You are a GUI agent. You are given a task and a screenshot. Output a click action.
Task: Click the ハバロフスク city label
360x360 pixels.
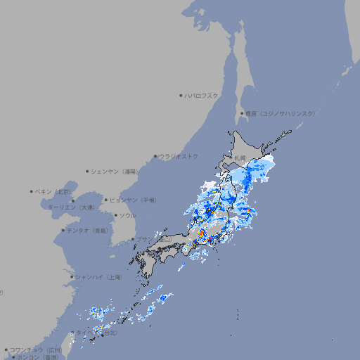point(202,96)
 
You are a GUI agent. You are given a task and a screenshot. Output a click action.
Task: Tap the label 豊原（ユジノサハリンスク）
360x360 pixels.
point(279,113)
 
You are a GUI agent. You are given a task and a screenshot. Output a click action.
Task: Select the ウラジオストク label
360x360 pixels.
point(179,156)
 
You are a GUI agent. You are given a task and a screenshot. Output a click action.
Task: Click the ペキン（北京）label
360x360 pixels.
point(54,191)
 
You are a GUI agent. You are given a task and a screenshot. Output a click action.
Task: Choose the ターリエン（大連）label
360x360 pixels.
point(71,207)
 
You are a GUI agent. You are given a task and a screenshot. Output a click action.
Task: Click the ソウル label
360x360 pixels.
point(127,215)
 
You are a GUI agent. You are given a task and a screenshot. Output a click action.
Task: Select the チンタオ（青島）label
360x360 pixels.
point(87,230)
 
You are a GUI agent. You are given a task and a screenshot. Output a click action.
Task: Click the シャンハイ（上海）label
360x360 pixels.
point(98,277)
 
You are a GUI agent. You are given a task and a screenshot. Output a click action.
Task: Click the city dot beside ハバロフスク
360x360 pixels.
point(181,96)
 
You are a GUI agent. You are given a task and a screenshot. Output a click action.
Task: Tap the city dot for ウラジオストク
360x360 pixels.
point(155,156)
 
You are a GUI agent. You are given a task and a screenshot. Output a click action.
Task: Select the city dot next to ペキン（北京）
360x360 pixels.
point(32,191)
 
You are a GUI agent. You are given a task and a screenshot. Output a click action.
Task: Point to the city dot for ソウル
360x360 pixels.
point(115,215)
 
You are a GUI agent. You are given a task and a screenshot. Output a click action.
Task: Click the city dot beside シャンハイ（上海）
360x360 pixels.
point(72,277)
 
